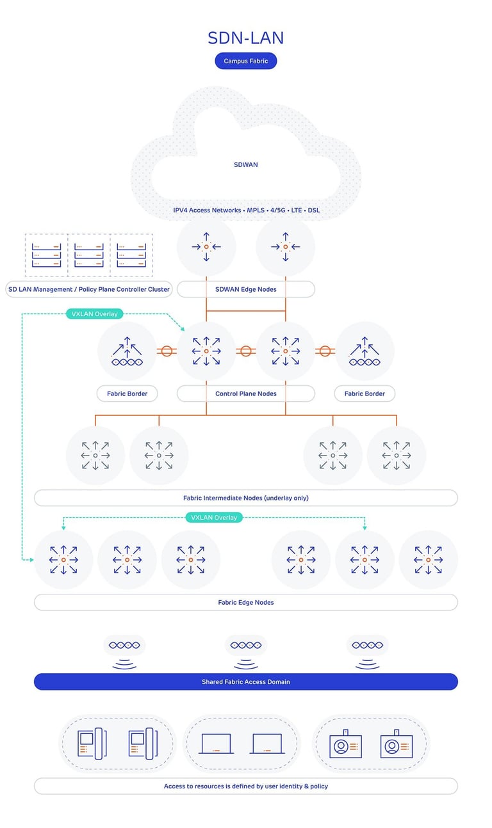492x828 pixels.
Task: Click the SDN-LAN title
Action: tap(245, 38)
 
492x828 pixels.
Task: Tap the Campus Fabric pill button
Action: tap(245, 61)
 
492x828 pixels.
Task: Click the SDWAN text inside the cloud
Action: tap(245, 164)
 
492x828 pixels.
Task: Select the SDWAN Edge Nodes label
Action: tap(245, 289)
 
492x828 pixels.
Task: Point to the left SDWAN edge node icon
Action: tap(206, 246)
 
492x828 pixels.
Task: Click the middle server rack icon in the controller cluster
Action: tap(88, 255)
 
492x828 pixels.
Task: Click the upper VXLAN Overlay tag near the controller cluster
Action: tap(95, 314)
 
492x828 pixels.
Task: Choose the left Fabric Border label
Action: tap(127, 394)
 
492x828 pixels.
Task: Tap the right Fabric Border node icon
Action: tap(365, 351)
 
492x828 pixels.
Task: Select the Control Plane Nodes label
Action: tap(245, 394)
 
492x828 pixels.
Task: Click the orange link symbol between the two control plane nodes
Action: tap(245, 351)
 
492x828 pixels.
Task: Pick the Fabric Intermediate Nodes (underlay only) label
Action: tap(245, 498)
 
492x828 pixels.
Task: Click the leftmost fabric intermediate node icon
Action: tap(95, 456)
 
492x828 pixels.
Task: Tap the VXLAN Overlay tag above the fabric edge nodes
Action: tap(214, 517)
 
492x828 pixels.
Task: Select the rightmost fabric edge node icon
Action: tap(428, 560)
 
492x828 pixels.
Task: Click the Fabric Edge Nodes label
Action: tap(245, 602)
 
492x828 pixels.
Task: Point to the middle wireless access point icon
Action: tap(245, 653)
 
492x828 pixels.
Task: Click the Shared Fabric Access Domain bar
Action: tap(245, 681)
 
